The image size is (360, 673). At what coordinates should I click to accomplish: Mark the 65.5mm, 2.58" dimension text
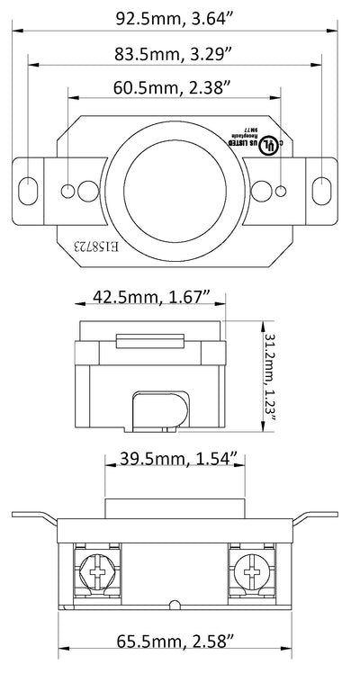(177, 642)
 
